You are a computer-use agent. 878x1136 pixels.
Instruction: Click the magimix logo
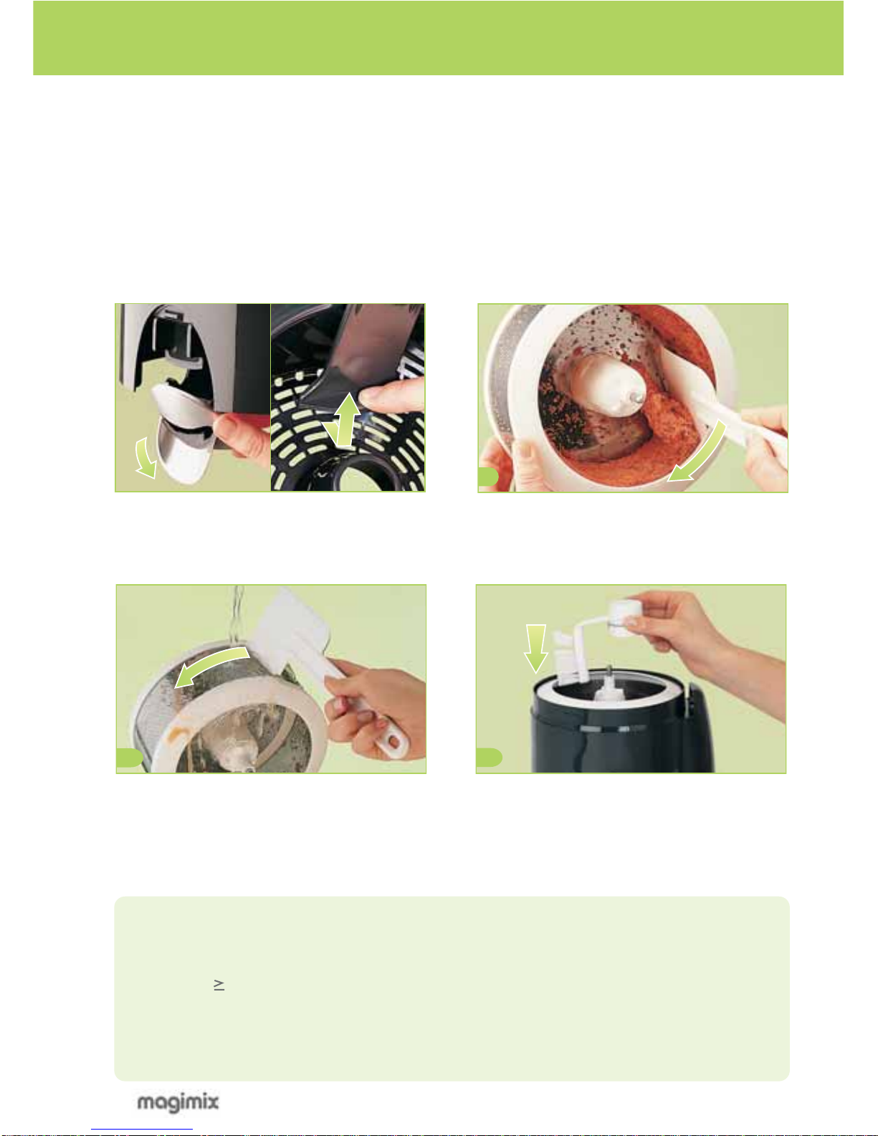tap(178, 1102)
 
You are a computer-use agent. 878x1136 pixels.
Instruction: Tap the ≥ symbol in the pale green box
tap(219, 985)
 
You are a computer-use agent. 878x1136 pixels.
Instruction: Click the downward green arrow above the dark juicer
tap(536, 648)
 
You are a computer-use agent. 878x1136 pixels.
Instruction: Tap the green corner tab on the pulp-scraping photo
tap(488, 477)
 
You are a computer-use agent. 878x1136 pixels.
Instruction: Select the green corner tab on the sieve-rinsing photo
tap(129, 758)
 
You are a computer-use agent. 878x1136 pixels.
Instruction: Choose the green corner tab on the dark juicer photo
tap(489, 758)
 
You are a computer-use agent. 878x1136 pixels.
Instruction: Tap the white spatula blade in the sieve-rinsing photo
tap(292, 634)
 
